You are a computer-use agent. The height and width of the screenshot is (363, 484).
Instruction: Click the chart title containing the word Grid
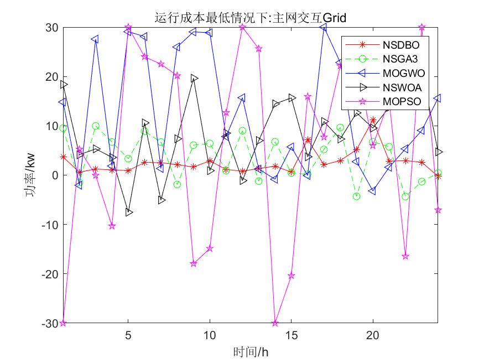(x=250, y=17)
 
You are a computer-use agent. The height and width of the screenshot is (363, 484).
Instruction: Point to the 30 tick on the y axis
(x=52, y=27)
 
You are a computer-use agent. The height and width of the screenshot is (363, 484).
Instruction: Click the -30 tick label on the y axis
(x=50, y=323)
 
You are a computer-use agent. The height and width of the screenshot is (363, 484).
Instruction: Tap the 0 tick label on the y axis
(x=54, y=175)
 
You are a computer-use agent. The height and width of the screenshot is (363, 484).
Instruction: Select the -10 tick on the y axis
(x=50, y=225)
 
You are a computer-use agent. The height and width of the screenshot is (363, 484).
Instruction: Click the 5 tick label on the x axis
(x=128, y=335)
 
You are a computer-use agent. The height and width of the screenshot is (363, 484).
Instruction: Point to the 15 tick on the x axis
(x=292, y=335)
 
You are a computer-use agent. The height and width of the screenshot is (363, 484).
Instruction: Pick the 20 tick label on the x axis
(x=373, y=335)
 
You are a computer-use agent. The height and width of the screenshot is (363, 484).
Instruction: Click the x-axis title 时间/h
(x=250, y=351)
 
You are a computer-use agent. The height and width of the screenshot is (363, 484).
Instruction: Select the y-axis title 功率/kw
(x=32, y=175)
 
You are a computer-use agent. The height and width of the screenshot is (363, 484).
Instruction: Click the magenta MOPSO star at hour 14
(x=275, y=323)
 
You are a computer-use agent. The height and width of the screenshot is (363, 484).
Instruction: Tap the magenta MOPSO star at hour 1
(x=63, y=323)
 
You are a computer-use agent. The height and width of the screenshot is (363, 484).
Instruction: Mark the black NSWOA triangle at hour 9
(x=194, y=79)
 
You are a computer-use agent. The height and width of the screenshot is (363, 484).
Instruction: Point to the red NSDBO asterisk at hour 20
(x=373, y=120)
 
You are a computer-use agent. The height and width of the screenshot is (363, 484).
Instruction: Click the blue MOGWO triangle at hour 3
(x=96, y=40)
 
